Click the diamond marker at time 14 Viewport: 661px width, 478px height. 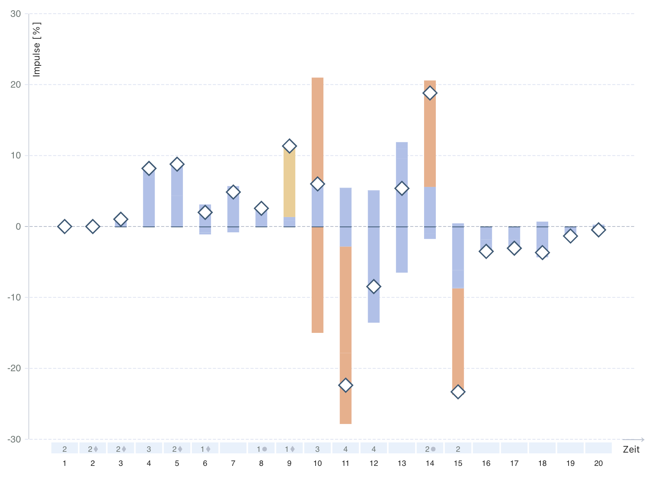point(430,93)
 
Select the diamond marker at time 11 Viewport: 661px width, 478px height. point(345,385)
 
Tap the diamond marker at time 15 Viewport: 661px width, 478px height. point(458,392)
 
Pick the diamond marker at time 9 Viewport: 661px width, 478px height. point(289,146)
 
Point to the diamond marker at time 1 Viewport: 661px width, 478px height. point(65,226)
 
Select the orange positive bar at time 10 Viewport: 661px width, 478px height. point(318,125)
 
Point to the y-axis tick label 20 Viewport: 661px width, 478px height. point(16,84)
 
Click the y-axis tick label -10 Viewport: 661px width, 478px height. point(14,297)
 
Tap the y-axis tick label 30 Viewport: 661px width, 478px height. point(16,14)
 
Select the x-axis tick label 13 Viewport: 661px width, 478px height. point(402,464)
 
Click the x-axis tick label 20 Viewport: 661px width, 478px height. point(598,464)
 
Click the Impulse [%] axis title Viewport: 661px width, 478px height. point(37,49)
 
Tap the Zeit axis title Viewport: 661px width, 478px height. point(631,449)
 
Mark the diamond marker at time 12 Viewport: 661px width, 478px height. point(374,286)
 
